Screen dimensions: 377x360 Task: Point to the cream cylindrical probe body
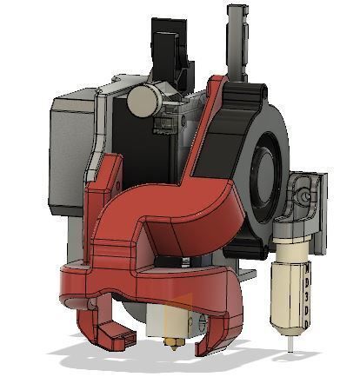[290, 287]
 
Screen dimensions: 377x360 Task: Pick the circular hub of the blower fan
[265, 156]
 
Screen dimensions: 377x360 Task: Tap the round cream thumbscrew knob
[142, 103]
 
